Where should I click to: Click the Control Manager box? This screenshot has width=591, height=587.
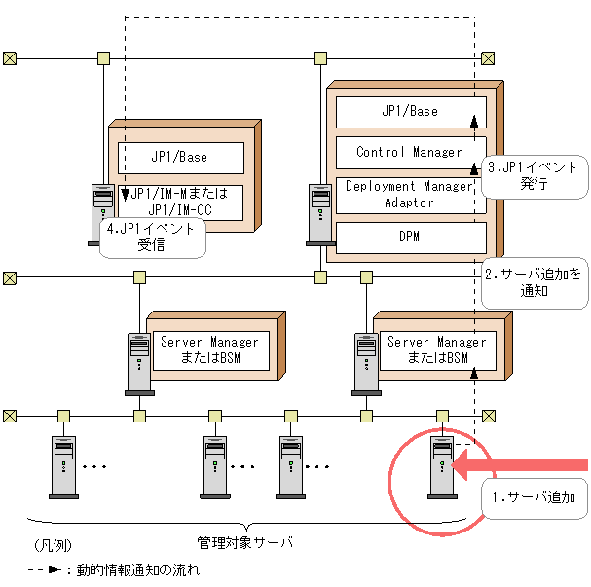coord(410,152)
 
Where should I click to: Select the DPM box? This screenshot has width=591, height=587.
coord(410,237)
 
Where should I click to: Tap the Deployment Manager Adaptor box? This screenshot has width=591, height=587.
coord(410,195)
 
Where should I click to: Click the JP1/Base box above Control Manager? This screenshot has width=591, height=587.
coord(410,111)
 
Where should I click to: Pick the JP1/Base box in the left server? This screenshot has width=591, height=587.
coord(179,157)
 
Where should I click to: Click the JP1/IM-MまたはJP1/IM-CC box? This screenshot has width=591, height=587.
coord(179,202)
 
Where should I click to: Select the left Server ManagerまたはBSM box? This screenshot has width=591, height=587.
coord(209,349)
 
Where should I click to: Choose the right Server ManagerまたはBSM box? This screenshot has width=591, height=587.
coord(436,349)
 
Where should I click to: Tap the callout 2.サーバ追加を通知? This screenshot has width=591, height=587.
coord(535,282)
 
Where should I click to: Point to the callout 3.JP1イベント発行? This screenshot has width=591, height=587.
coord(535,176)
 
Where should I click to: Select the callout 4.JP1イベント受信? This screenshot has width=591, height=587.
coord(152,238)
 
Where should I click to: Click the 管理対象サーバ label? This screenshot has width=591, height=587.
coord(244,540)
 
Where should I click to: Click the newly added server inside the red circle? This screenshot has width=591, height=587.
coord(443,466)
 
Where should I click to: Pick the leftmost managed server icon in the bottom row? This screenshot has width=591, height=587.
coord(63,466)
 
